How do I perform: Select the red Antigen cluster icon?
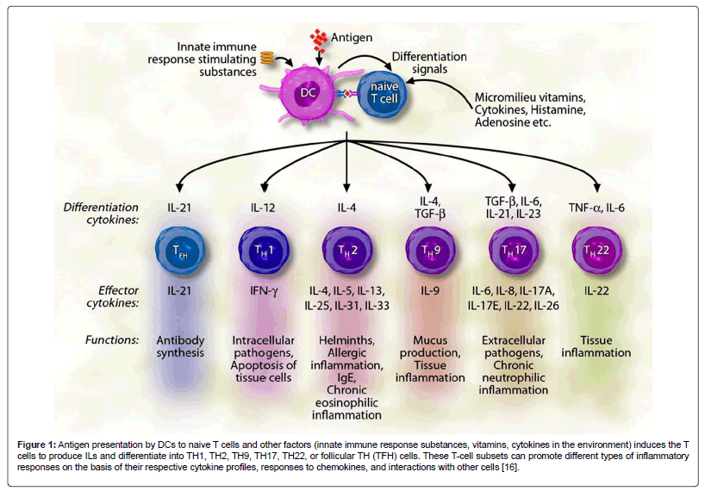[321, 38]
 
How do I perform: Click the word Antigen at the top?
[354, 38]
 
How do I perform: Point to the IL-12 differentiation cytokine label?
[262, 208]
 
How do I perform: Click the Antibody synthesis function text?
[180, 346]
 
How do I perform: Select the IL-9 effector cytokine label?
[428, 293]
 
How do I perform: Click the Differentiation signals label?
[430, 62]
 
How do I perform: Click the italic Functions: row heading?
[109, 339]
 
